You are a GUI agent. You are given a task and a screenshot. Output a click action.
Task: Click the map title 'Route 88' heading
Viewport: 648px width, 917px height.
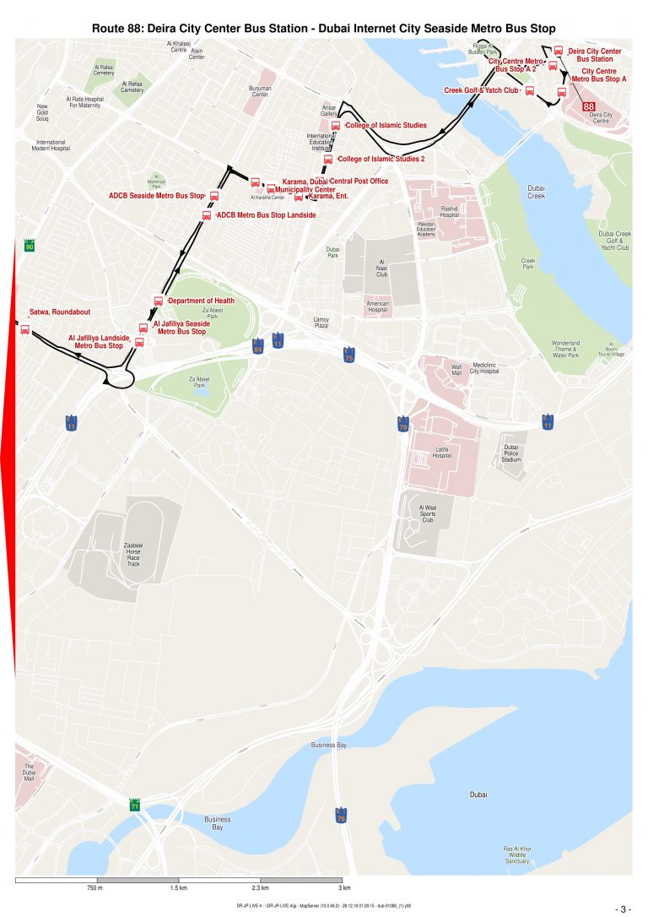pyautogui.click(x=323, y=29)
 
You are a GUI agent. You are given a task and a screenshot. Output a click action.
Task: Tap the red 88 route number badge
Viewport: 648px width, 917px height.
pyautogui.click(x=588, y=106)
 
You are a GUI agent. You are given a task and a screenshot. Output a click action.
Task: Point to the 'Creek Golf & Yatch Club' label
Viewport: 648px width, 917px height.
pyautogui.click(x=481, y=90)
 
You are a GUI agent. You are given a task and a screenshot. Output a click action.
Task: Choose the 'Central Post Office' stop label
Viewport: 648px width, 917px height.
pyautogui.click(x=359, y=181)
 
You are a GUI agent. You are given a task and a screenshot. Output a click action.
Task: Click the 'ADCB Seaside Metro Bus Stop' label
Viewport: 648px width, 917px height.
pyautogui.click(x=157, y=196)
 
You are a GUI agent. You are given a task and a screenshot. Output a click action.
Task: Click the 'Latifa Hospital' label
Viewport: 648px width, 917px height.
pyautogui.click(x=442, y=452)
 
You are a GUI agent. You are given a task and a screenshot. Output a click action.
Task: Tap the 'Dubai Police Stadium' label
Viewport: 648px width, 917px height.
pyautogui.click(x=510, y=453)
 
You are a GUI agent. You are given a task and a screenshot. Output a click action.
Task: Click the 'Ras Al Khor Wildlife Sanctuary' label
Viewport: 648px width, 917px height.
pyautogui.click(x=517, y=855)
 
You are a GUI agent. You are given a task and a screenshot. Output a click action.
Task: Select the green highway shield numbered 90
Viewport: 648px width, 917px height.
pyautogui.click(x=30, y=247)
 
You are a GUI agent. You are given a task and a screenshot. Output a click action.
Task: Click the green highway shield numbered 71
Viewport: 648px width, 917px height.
pyautogui.click(x=135, y=806)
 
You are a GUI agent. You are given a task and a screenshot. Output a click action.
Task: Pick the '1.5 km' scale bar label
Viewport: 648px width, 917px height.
pyautogui.click(x=179, y=888)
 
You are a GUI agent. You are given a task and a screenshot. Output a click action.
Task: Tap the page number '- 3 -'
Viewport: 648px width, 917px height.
pyautogui.click(x=624, y=909)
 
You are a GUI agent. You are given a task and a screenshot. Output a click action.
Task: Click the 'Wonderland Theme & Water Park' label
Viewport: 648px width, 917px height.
pyautogui.click(x=565, y=350)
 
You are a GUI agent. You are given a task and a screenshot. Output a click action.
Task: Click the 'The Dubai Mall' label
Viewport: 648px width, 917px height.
pyautogui.click(x=28, y=772)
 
